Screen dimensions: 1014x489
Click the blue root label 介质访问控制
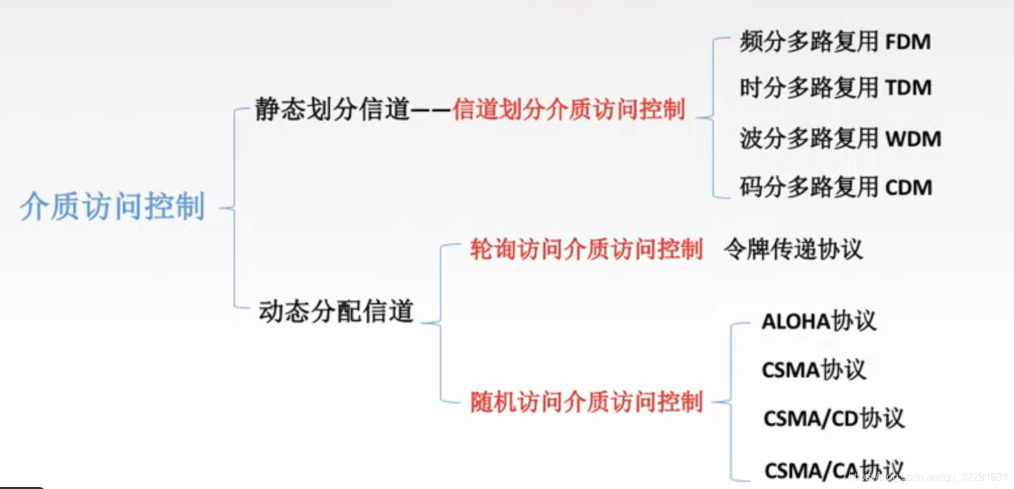click(112, 207)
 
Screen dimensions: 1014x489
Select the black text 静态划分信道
click(331, 110)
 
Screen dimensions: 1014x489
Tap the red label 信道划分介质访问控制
click(569, 110)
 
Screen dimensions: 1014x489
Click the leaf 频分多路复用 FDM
click(835, 42)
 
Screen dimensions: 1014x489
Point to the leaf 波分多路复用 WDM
click(840, 138)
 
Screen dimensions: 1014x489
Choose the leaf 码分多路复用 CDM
click(836, 187)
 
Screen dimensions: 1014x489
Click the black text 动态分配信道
click(337, 311)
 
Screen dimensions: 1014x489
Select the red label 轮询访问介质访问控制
click(586, 250)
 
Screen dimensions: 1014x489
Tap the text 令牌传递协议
click(793, 249)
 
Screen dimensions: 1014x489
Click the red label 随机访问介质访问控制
click(586, 402)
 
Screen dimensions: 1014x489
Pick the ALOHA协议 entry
click(819, 321)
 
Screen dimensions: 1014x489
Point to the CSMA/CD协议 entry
click(834, 418)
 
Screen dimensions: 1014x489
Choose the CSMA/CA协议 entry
click(834, 469)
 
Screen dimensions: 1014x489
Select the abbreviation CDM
click(908, 188)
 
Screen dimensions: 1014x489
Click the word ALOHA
click(795, 322)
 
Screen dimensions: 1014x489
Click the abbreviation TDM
click(908, 88)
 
